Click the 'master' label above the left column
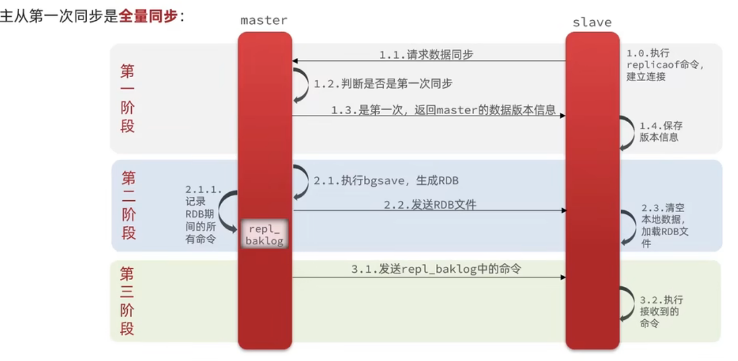click(264, 21)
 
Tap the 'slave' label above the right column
click(592, 22)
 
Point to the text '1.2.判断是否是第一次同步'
click(383, 84)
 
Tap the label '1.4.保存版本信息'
click(661, 132)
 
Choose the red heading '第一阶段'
click(128, 98)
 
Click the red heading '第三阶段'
click(128, 301)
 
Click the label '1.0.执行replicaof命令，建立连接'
click(666, 65)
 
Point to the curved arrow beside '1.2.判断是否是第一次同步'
click(300, 84)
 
